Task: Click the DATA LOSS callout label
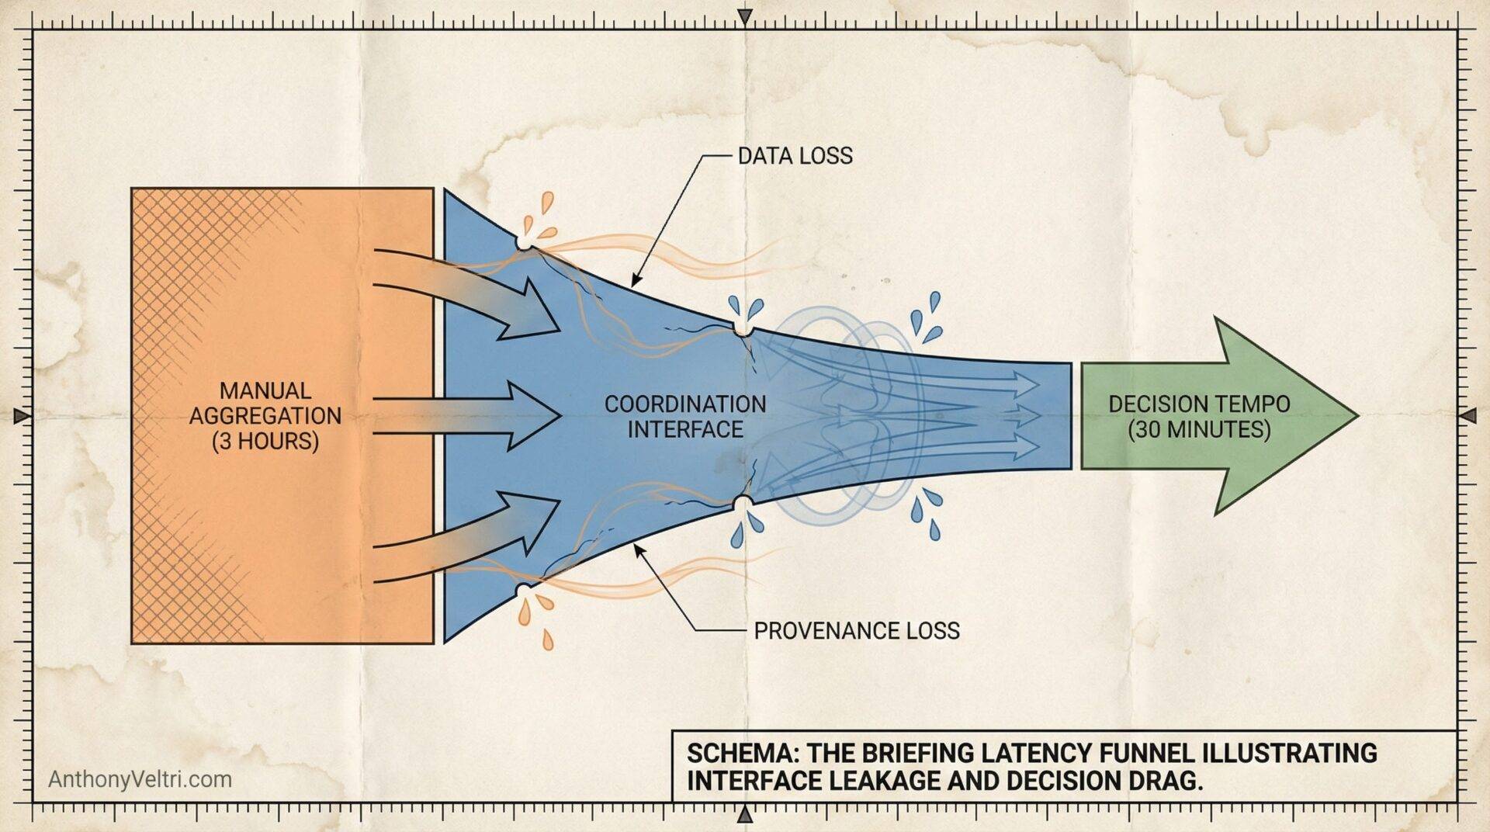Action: coord(794,156)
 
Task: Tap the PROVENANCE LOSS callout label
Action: coord(856,630)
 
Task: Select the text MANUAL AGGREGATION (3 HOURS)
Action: coord(265,415)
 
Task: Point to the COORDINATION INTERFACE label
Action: coord(685,416)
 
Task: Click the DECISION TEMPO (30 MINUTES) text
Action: coord(1199,416)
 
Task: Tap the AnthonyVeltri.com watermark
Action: coord(140,778)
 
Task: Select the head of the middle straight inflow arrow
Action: coord(540,416)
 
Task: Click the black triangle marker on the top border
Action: coord(745,16)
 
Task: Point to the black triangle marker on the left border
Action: coord(22,416)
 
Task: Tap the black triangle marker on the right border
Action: coord(1467,417)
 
